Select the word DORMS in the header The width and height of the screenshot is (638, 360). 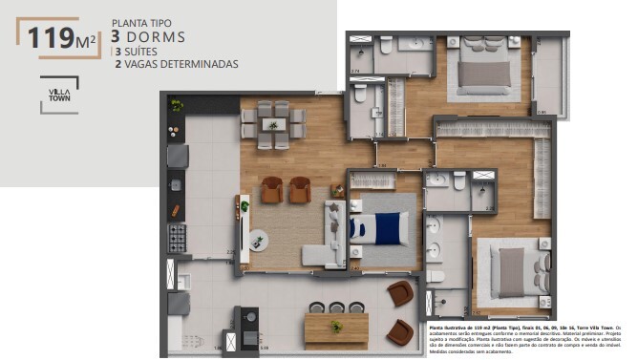(x=158, y=37)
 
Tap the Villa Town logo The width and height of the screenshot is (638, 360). (x=58, y=95)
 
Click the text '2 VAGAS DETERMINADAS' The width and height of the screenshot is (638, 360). (x=176, y=65)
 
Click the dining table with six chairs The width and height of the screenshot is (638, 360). (x=273, y=125)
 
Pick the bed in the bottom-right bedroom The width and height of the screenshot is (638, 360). (x=512, y=271)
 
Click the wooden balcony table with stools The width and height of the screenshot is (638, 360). (x=336, y=328)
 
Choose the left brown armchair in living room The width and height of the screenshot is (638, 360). (x=272, y=190)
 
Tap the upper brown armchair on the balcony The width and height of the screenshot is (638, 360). (x=400, y=293)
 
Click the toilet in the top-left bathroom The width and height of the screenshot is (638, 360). (x=386, y=46)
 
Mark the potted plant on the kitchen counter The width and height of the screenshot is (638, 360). (x=177, y=106)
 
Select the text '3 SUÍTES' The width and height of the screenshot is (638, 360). (x=141, y=52)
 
